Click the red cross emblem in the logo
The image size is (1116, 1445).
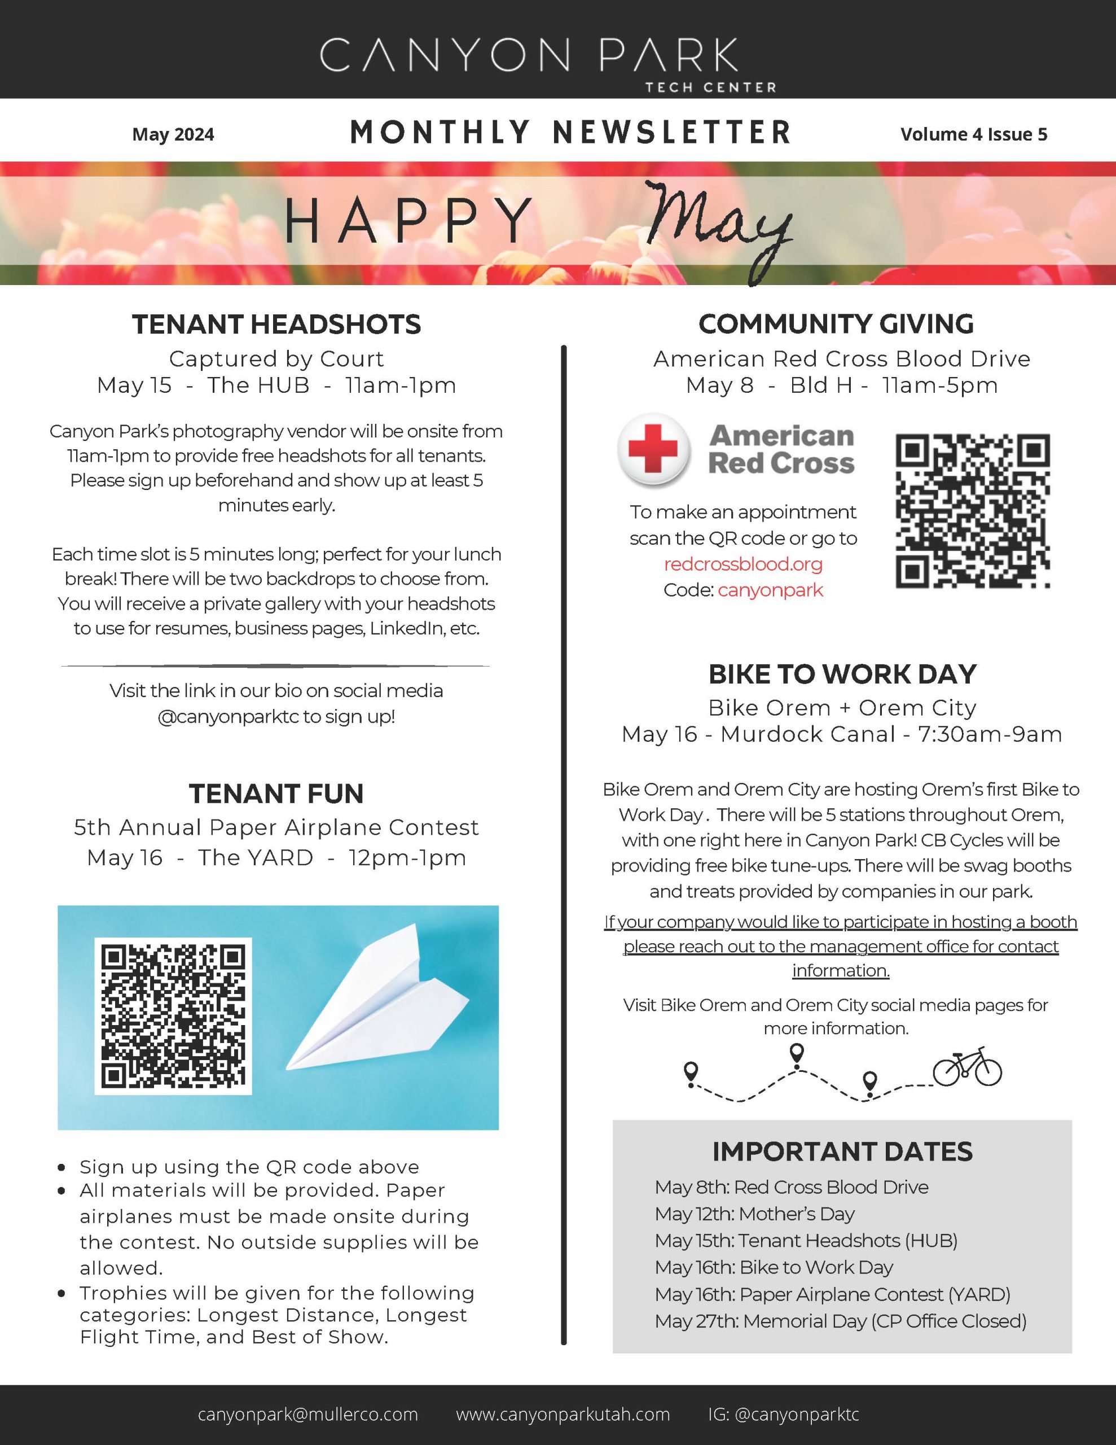(x=653, y=449)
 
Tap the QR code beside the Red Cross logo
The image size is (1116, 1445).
(x=972, y=511)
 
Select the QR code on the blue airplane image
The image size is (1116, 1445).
(x=173, y=1016)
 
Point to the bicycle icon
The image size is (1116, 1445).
(x=966, y=1067)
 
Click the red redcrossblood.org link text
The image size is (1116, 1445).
(x=743, y=564)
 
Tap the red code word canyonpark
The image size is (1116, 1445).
(x=770, y=590)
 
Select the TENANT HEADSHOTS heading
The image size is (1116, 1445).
(x=276, y=324)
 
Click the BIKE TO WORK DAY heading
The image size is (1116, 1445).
(x=842, y=674)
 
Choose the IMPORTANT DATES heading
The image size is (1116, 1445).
(x=842, y=1152)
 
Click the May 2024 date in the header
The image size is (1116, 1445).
(x=173, y=134)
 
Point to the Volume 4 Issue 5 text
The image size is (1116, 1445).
(x=973, y=134)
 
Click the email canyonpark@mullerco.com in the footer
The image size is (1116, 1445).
(x=307, y=1415)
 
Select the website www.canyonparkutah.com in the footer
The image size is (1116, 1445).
(x=563, y=1415)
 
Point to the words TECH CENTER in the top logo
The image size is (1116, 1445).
(x=710, y=87)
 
